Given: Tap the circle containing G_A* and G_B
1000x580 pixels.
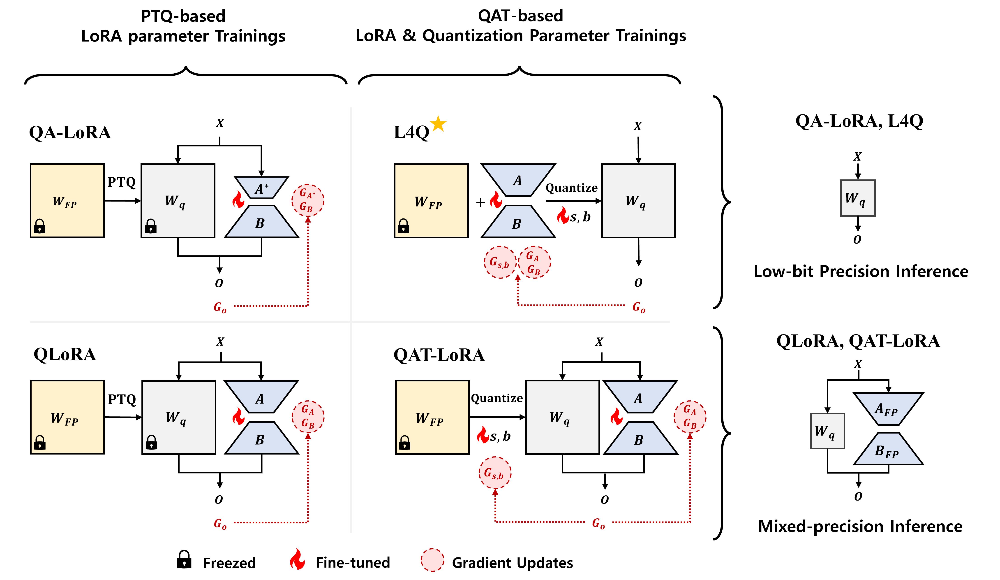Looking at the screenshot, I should click(308, 200).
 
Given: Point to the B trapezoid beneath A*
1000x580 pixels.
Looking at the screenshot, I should click(261, 222).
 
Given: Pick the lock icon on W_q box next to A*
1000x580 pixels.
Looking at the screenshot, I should click(151, 226).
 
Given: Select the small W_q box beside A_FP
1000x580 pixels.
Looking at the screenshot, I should click(827, 431).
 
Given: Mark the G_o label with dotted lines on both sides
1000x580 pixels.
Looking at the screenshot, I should click(598, 523).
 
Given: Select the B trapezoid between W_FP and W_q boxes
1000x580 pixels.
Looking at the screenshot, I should click(518, 222).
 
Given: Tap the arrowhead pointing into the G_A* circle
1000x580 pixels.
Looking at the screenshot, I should click(308, 220).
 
